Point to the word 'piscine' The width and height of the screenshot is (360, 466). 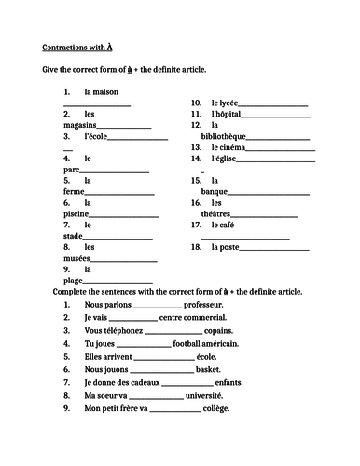pos(60,214)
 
